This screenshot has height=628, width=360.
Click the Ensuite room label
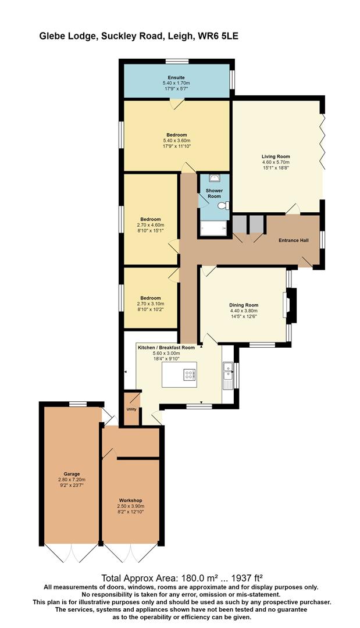point(176,77)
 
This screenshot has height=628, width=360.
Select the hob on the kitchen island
point(190,374)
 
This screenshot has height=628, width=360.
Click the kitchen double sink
point(229,370)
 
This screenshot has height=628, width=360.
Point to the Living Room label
point(276,156)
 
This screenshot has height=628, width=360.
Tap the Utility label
point(131,409)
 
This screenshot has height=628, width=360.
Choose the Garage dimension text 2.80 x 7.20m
point(72,479)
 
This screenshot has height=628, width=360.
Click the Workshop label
point(130,501)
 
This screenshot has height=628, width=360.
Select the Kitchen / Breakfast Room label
point(166,348)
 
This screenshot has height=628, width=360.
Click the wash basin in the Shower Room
point(214,178)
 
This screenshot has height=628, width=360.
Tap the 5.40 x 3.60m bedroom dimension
point(177,141)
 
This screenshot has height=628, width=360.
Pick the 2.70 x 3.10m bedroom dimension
point(151,304)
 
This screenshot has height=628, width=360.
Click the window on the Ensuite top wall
point(177,61)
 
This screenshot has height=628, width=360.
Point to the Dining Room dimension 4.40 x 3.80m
point(244,311)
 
